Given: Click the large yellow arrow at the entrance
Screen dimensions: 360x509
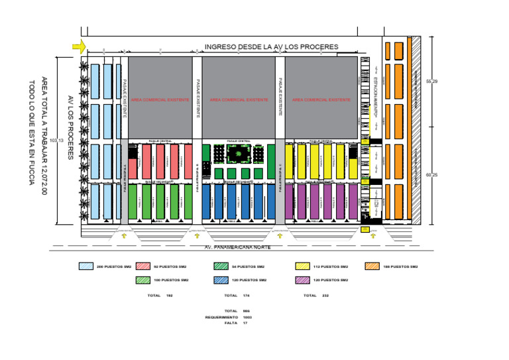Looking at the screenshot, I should (x=79, y=46).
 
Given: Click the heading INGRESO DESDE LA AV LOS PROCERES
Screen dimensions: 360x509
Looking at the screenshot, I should (x=271, y=46).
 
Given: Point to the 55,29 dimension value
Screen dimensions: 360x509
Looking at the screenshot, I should (x=431, y=81).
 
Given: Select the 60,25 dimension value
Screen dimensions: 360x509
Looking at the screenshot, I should (x=431, y=174).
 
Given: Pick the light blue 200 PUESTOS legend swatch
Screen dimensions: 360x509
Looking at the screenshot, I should (x=85, y=267).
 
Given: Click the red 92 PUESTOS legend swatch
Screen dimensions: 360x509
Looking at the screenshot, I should (x=142, y=267).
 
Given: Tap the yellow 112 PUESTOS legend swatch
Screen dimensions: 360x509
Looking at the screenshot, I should (x=302, y=267).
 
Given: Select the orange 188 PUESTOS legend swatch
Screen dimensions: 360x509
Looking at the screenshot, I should (x=372, y=267).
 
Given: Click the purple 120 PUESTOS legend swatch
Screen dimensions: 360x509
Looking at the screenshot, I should (x=302, y=280).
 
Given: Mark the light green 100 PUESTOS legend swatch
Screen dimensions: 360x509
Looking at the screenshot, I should (x=142, y=280).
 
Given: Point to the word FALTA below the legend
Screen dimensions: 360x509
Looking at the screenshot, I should (x=231, y=323).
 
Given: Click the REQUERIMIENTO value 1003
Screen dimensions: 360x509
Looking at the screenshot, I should (x=247, y=317).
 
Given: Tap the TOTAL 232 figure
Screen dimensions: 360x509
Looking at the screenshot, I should (x=325, y=295).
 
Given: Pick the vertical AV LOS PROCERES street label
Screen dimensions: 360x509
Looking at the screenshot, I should (x=70, y=127).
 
